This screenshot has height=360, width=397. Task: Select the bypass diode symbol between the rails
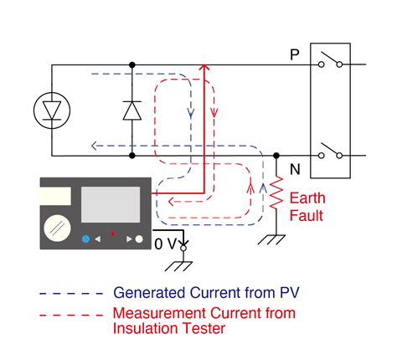point(132,110)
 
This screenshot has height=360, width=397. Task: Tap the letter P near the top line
point(294,54)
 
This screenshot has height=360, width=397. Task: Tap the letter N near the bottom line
point(294,169)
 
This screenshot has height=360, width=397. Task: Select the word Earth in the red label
point(307,198)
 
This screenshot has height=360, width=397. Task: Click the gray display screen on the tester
point(110,204)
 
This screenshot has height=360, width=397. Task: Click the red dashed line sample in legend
point(70,313)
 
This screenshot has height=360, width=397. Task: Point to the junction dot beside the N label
point(277,156)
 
